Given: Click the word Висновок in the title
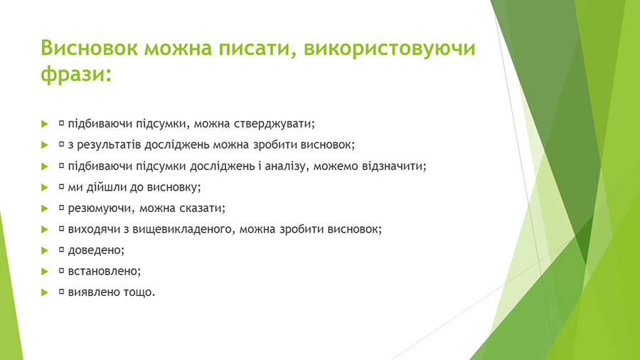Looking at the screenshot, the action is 89,48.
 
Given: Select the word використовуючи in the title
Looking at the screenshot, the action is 390,49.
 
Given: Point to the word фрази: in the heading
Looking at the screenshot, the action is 76,75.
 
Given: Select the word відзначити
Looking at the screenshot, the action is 393,166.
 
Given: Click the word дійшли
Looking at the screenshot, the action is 107,187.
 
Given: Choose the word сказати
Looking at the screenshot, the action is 201,208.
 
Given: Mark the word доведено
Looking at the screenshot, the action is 95,250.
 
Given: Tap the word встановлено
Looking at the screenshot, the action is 103,271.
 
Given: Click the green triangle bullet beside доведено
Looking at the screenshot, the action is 45,250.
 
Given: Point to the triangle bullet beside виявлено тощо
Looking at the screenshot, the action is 45,292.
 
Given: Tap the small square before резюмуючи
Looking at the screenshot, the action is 62,207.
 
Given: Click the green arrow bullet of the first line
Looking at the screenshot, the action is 45,124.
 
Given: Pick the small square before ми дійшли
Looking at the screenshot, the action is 62,186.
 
